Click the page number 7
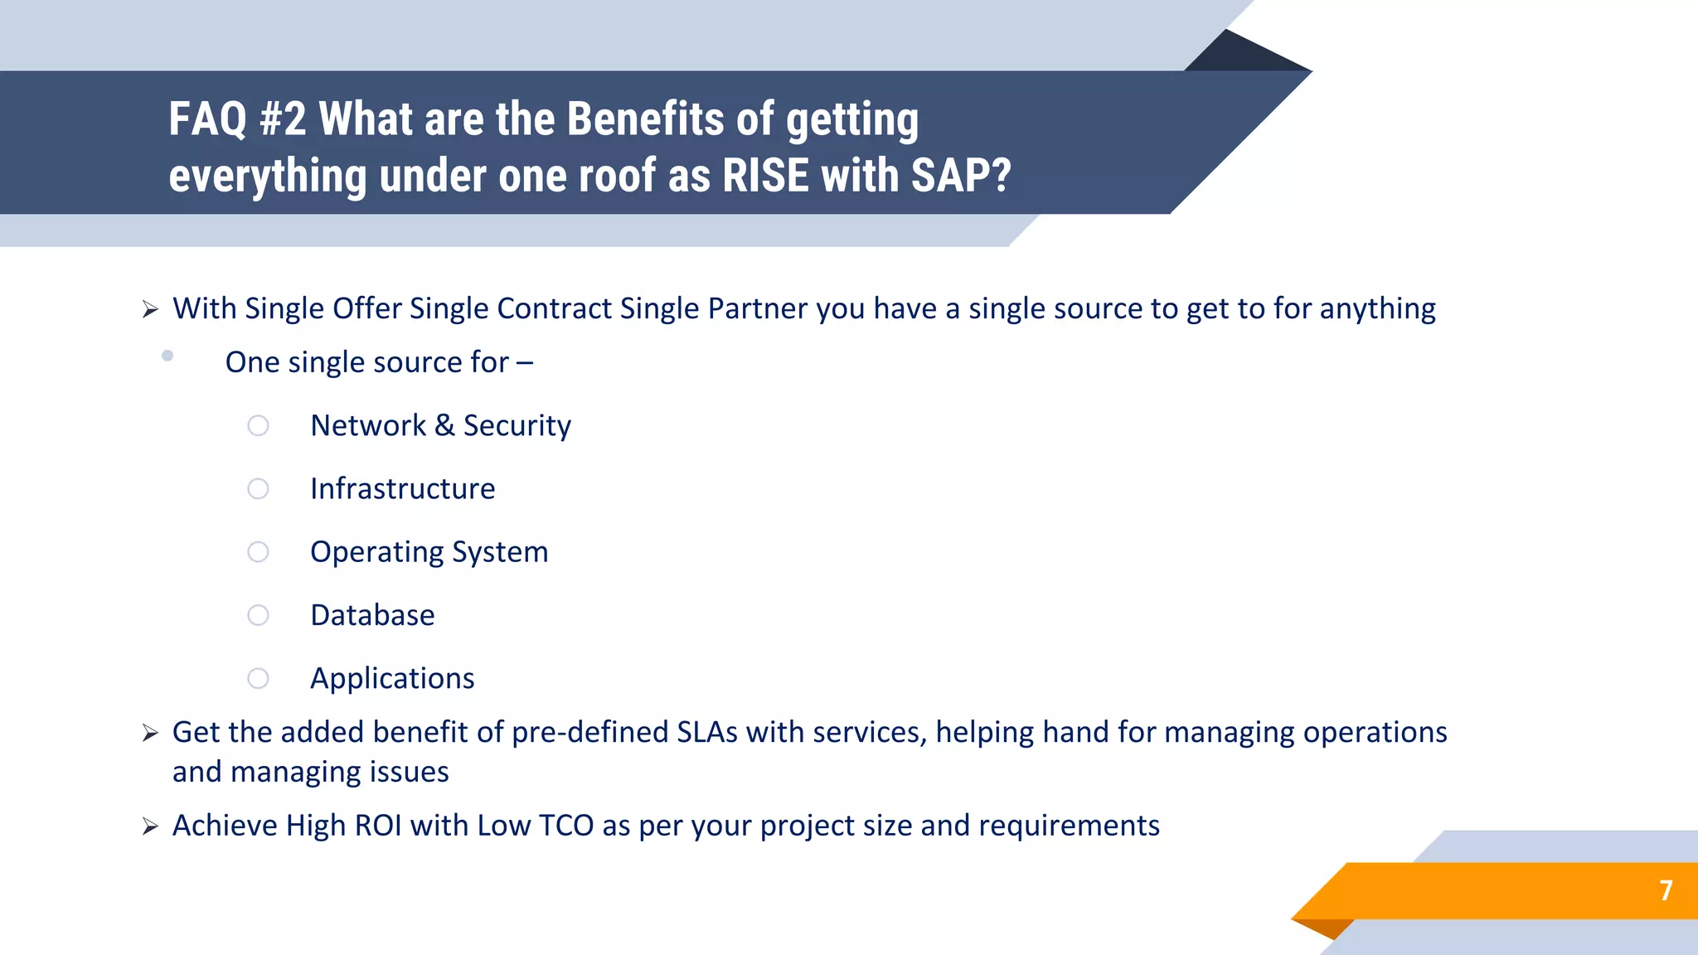1666,890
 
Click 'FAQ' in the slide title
208,119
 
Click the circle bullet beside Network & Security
258,425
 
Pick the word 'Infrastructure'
402,489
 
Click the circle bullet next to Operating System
258,552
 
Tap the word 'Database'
372,615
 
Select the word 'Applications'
392,678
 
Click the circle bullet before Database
258,615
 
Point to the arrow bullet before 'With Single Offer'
150,310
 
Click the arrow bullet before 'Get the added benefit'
150,734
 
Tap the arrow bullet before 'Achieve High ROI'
150,827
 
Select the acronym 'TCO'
566,826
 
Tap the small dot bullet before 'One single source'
167,356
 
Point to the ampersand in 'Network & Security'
444,425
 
